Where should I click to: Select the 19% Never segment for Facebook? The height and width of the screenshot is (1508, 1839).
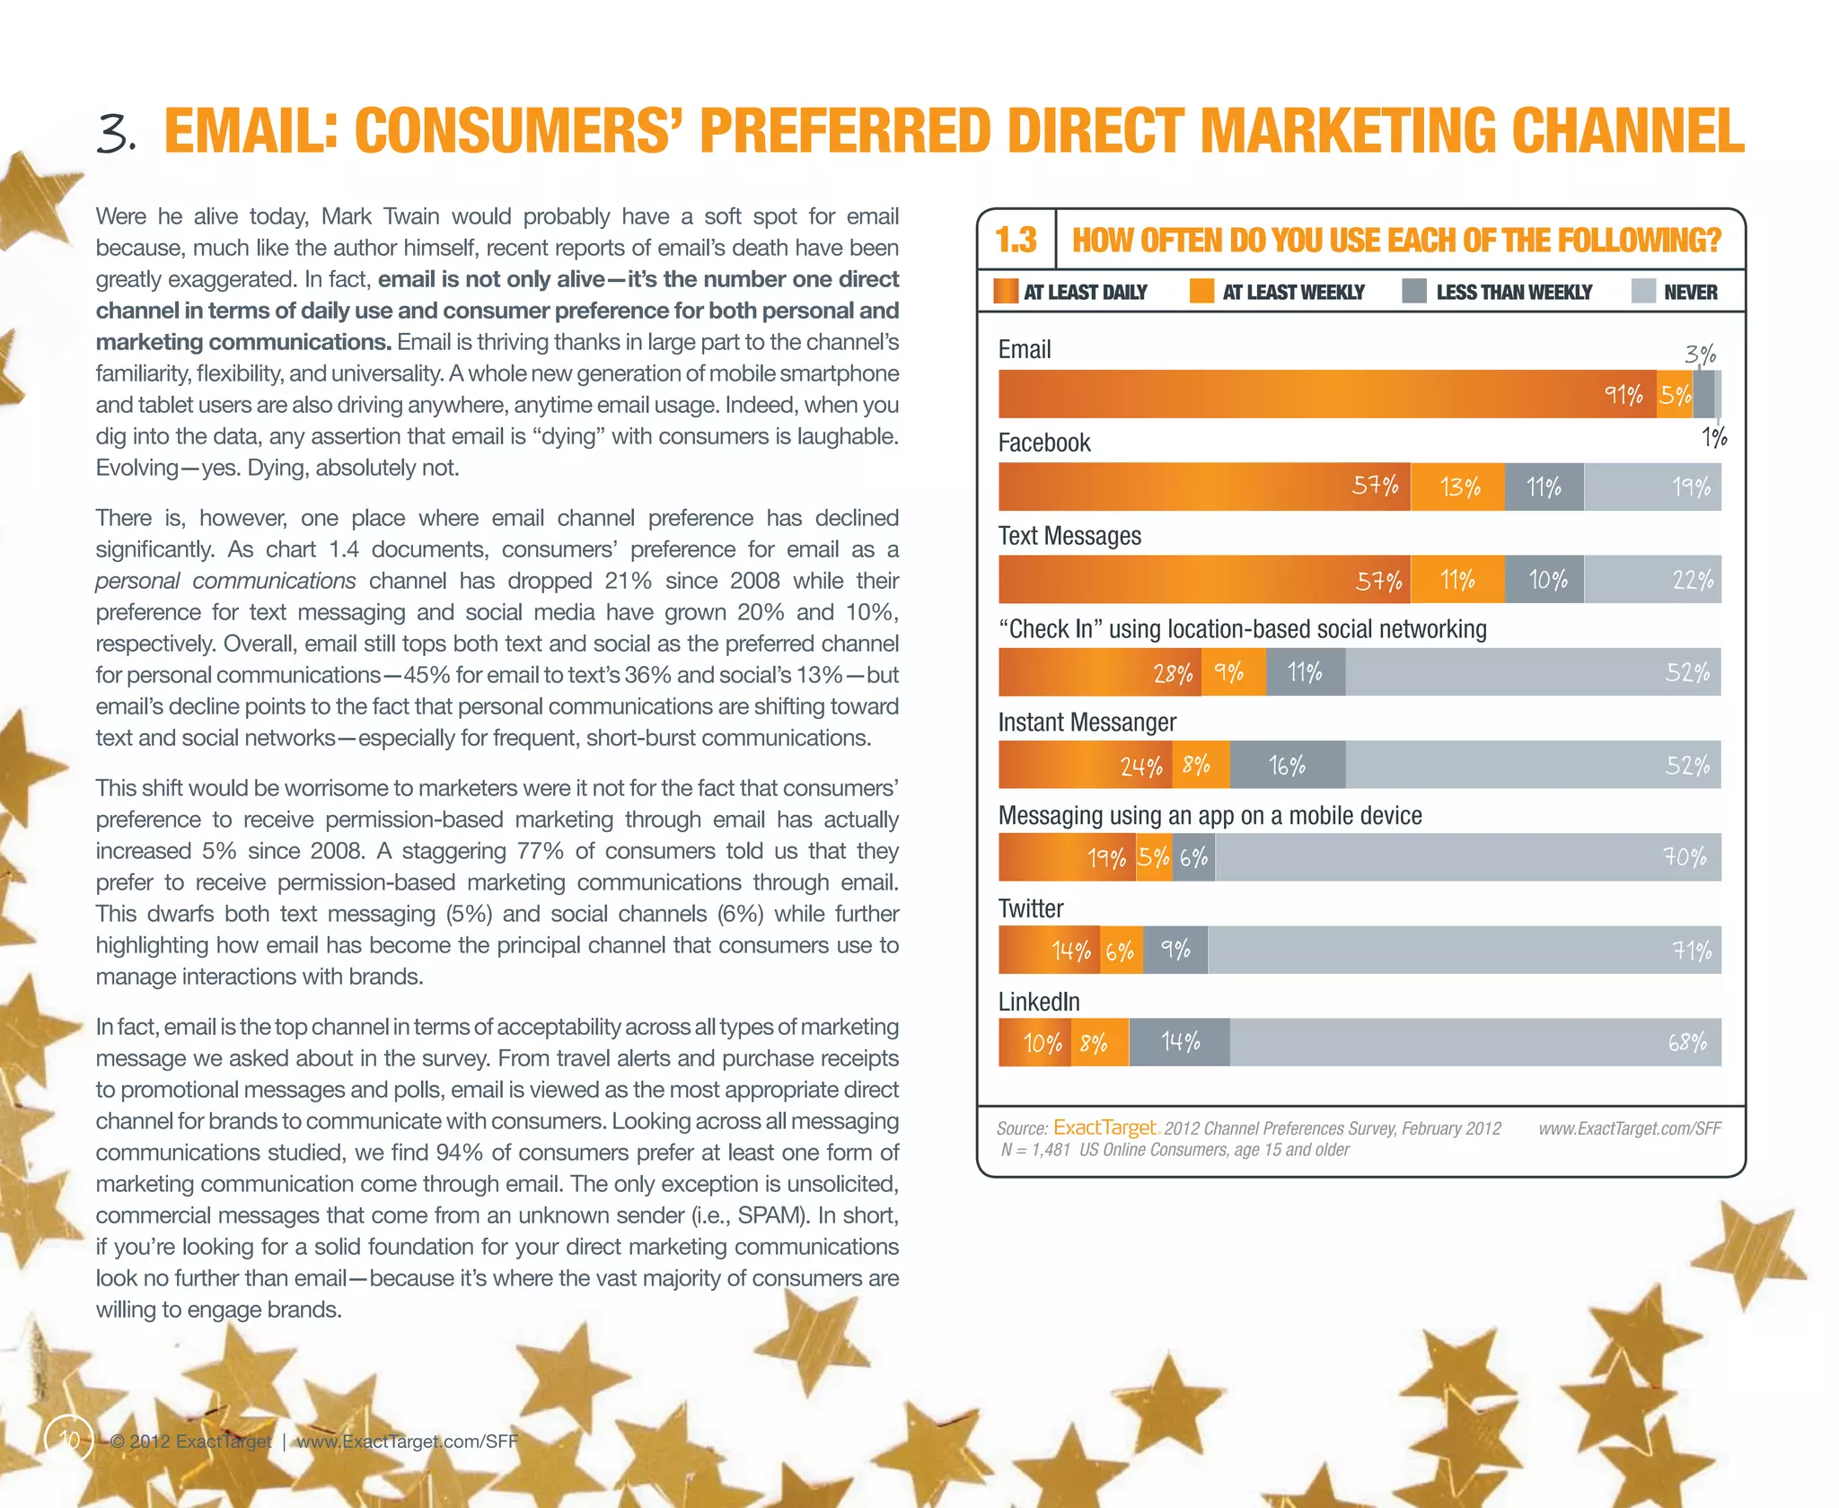tap(1652, 487)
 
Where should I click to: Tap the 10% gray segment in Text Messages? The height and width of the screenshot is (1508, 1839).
tap(1544, 580)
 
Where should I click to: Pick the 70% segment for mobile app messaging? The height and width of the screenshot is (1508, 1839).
tap(1467, 857)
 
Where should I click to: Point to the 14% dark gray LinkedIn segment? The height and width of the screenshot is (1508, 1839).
tap(1179, 1042)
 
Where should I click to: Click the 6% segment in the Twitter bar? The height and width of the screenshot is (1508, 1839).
tap(1122, 951)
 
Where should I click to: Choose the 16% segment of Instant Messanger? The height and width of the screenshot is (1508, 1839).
tap(1288, 765)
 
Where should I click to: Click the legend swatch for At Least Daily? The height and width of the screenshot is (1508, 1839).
tap(1006, 292)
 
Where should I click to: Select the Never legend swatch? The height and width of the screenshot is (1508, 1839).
tap(1642, 292)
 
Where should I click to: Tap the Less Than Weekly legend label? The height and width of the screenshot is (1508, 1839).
tap(1514, 293)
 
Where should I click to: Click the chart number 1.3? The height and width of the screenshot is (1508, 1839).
tap(1016, 240)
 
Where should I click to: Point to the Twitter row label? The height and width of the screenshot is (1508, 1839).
tap(1031, 908)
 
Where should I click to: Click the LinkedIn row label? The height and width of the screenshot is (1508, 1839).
tap(1039, 1002)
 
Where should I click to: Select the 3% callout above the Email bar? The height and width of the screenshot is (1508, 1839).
tap(1700, 354)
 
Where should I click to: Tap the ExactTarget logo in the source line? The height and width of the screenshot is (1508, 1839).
tap(1104, 1127)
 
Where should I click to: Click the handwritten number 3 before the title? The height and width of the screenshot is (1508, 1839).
tap(117, 135)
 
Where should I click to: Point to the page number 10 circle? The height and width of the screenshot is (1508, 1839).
tap(69, 1440)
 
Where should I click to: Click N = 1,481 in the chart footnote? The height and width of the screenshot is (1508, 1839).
tap(1035, 1150)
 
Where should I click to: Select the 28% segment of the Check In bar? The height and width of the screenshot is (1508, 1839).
tap(1100, 672)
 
